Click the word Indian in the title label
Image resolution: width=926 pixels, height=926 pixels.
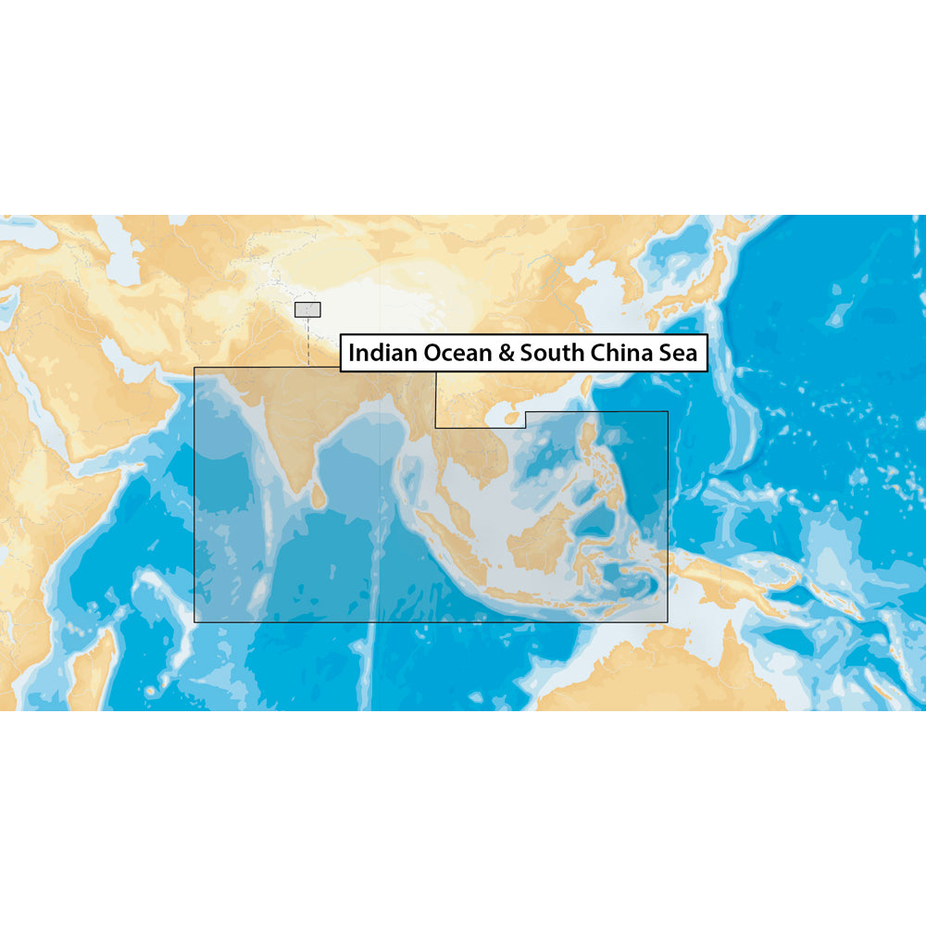[382, 353]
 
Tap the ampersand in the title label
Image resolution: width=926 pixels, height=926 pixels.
[506, 353]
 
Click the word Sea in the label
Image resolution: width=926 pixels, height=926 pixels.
[679, 353]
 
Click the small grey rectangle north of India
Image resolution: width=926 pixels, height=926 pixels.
[307, 309]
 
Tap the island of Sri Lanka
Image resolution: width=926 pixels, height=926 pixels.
[318, 497]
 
